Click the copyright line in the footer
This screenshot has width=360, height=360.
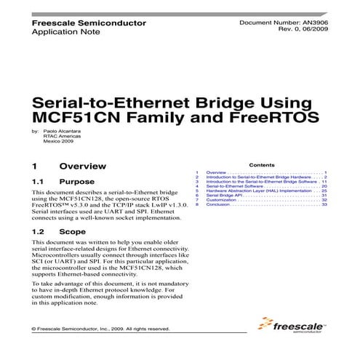pyautogui.click(x=101, y=329)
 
